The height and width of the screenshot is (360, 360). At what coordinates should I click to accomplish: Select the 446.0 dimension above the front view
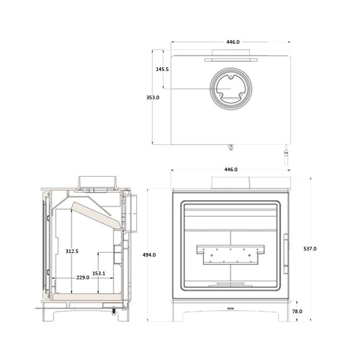click(230, 170)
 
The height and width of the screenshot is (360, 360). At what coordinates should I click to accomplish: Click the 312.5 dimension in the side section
click(72, 251)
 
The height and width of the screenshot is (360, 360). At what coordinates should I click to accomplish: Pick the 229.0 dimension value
click(82, 277)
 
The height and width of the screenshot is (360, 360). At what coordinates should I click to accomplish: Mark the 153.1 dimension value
click(99, 274)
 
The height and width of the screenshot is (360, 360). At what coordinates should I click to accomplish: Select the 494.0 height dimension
click(149, 255)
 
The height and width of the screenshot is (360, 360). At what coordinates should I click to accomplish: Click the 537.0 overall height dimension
click(310, 248)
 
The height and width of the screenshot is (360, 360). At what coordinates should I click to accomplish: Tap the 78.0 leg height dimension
click(297, 311)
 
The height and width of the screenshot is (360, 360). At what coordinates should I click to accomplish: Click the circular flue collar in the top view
click(230, 88)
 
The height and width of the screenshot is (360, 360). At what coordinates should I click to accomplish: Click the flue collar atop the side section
click(95, 183)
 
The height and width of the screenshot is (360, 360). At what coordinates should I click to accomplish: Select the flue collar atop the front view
click(230, 183)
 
